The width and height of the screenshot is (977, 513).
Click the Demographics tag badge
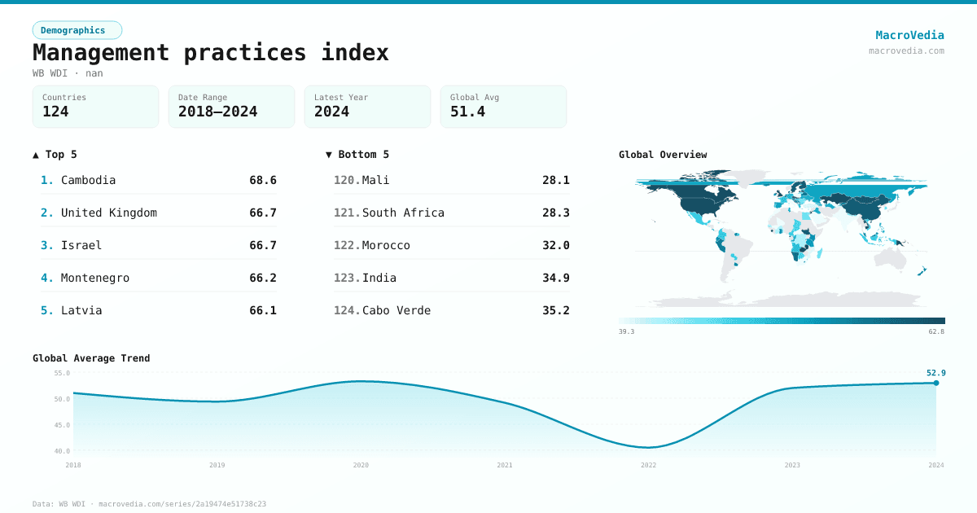77,30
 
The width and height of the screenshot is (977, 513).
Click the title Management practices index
210,52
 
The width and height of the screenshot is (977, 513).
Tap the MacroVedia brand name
909,35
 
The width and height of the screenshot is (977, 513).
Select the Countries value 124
55,112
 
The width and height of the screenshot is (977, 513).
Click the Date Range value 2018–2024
217,112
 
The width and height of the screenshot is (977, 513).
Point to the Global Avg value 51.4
467,112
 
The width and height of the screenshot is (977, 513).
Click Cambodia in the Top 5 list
88,180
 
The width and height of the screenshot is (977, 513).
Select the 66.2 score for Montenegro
262,278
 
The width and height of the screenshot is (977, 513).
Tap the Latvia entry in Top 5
81,310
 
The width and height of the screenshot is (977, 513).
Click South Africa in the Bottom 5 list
403,213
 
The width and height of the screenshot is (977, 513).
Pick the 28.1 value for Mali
555,180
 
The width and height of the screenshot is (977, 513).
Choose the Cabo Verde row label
396,310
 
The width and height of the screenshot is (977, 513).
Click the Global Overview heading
663,155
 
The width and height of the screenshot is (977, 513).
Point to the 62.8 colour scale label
936,331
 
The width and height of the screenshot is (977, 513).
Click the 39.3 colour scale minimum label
626,331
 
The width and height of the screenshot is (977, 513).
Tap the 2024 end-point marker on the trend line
935,383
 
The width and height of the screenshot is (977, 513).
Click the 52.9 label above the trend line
935,373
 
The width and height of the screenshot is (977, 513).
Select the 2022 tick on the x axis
648,465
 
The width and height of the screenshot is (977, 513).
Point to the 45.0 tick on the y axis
62,425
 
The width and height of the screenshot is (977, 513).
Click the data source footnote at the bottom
149,504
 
